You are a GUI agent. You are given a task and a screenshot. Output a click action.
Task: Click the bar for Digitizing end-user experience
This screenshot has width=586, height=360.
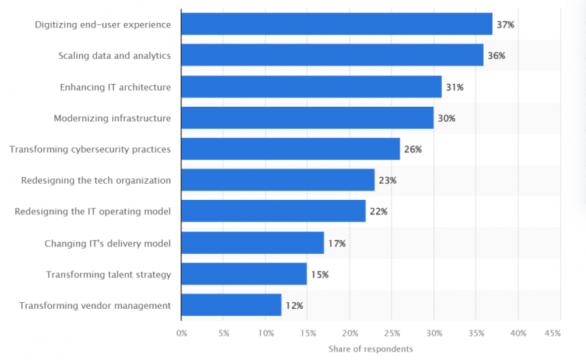(x=336, y=24)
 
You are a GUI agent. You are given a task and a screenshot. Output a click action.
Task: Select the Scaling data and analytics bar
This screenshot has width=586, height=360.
(x=333, y=56)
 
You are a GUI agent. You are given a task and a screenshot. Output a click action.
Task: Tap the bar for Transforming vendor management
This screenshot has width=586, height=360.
(x=231, y=305)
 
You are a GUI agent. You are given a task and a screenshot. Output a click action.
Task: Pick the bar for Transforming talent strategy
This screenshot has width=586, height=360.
(x=244, y=274)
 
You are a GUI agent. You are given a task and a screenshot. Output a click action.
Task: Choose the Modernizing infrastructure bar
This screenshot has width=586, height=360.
(x=307, y=118)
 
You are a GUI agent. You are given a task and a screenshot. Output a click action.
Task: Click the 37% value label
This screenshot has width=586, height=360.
(x=505, y=25)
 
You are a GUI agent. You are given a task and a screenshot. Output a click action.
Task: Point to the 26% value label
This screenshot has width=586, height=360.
(x=413, y=149)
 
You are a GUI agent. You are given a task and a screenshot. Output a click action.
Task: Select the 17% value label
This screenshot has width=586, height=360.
(x=337, y=243)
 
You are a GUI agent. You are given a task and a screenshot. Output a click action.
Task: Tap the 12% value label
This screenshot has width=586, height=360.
(x=295, y=306)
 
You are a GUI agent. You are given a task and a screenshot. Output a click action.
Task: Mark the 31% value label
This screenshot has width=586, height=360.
(x=455, y=88)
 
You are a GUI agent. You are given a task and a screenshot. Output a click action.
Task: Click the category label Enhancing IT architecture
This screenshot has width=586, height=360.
(x=115, y=87)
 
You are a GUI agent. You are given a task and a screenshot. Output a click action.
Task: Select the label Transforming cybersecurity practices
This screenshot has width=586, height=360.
(x=90, y=149)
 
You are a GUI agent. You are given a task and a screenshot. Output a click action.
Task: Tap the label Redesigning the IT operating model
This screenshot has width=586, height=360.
(x=93, y=212)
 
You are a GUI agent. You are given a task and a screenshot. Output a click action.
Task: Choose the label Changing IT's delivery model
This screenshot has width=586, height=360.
(x=108, y=243)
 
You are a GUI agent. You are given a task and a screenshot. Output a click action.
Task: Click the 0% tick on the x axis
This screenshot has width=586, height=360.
(x=182, y=333)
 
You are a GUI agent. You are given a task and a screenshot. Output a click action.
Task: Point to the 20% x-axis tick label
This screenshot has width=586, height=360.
(x=349, y=333)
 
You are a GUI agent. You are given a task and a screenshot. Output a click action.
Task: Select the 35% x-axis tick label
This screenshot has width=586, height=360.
(x=476, y=333)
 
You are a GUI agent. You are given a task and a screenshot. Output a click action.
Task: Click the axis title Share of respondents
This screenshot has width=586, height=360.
(x=371, y=349)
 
